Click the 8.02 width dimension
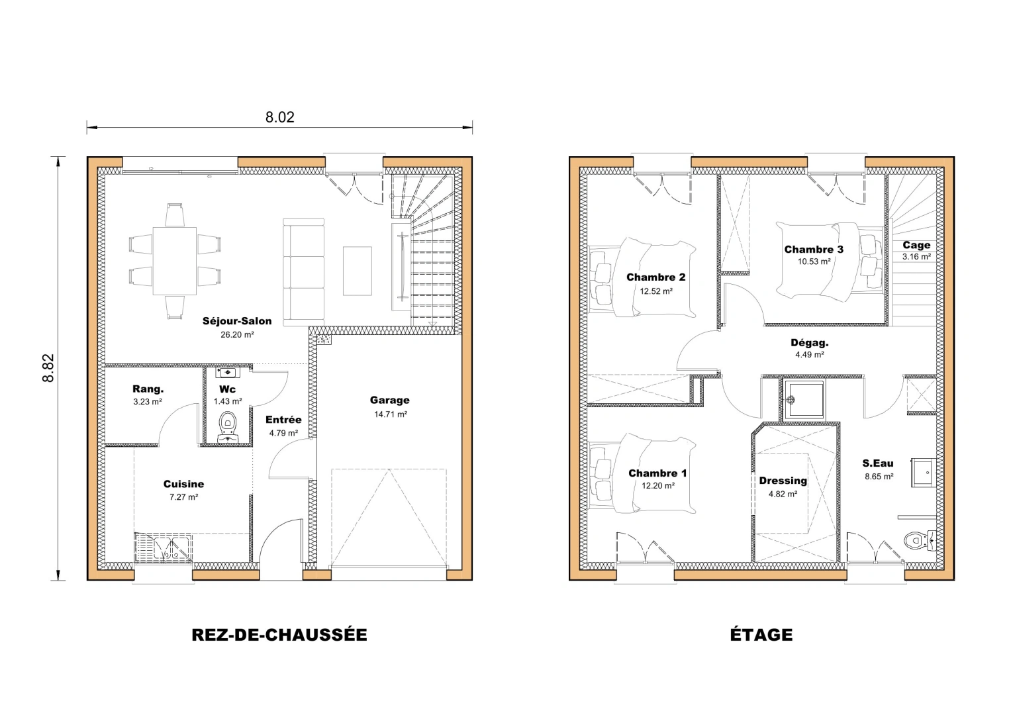coord(279,117)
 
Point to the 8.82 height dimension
coord(48,368)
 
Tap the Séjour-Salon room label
coord(237,321)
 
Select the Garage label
coord(389,400)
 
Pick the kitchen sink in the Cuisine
coord(163,548)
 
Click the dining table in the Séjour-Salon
coord(175,261)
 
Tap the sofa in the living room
coord(304,271)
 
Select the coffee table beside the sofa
coord(357,271)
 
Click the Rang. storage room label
coord(148,389)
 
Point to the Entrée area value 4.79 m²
coord(283,434)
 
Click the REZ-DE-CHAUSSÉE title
coord(279,635)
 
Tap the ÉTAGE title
coord(761,635)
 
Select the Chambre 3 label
coord(814,250)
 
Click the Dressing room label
coord(783,481)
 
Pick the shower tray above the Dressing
coord(802,399)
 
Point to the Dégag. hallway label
coord(809,343)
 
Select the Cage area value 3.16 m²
coord(916,257)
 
